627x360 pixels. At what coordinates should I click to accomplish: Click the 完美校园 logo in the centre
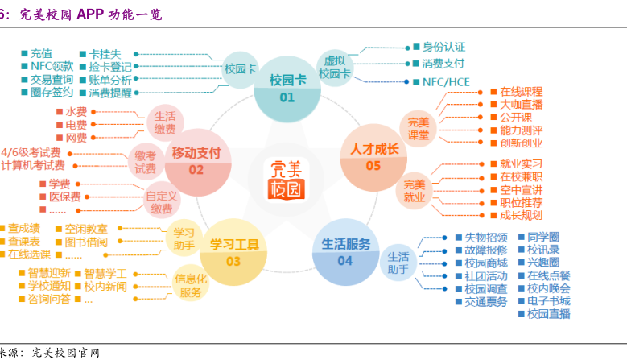(287, 179)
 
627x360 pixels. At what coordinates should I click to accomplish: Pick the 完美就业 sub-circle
(415, 190)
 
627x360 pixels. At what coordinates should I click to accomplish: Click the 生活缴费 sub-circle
(165, 122)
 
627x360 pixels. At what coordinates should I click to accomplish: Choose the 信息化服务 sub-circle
(192, 286)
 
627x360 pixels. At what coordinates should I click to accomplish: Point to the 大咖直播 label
(521, 105)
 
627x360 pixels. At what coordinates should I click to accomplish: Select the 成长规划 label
(521, 216)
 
